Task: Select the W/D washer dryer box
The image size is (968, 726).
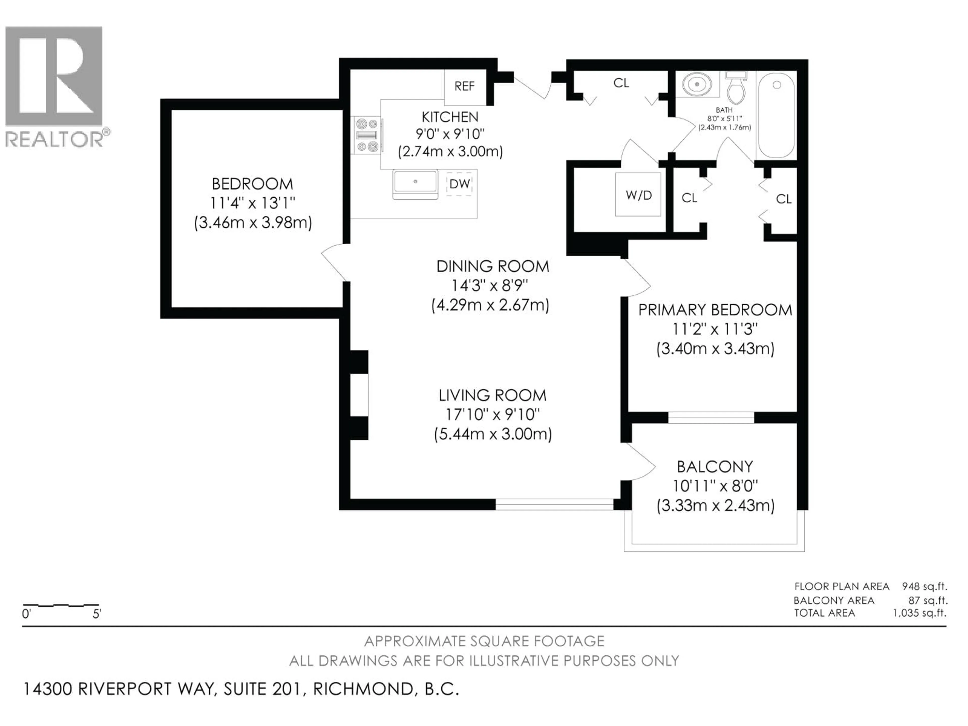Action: (639, 195)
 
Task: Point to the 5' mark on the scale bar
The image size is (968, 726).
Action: (97, 614)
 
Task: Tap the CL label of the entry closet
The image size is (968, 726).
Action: (621, 83)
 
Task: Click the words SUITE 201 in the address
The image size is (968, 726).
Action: (263, 689)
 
